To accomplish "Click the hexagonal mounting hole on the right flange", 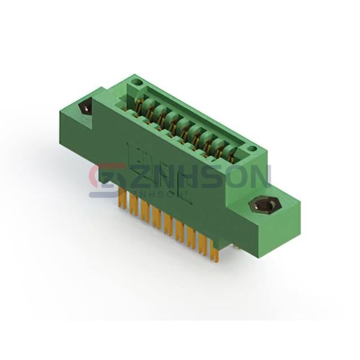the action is tap(264, 203).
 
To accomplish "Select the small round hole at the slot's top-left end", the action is tap(138, 82).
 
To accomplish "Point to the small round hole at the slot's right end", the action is tap(253, 149).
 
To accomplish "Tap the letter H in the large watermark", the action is tap(191, 176).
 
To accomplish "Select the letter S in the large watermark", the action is tap(215, 176).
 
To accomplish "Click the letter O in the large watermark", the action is tap(238, 176).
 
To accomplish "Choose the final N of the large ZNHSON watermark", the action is tap(260, 176).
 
